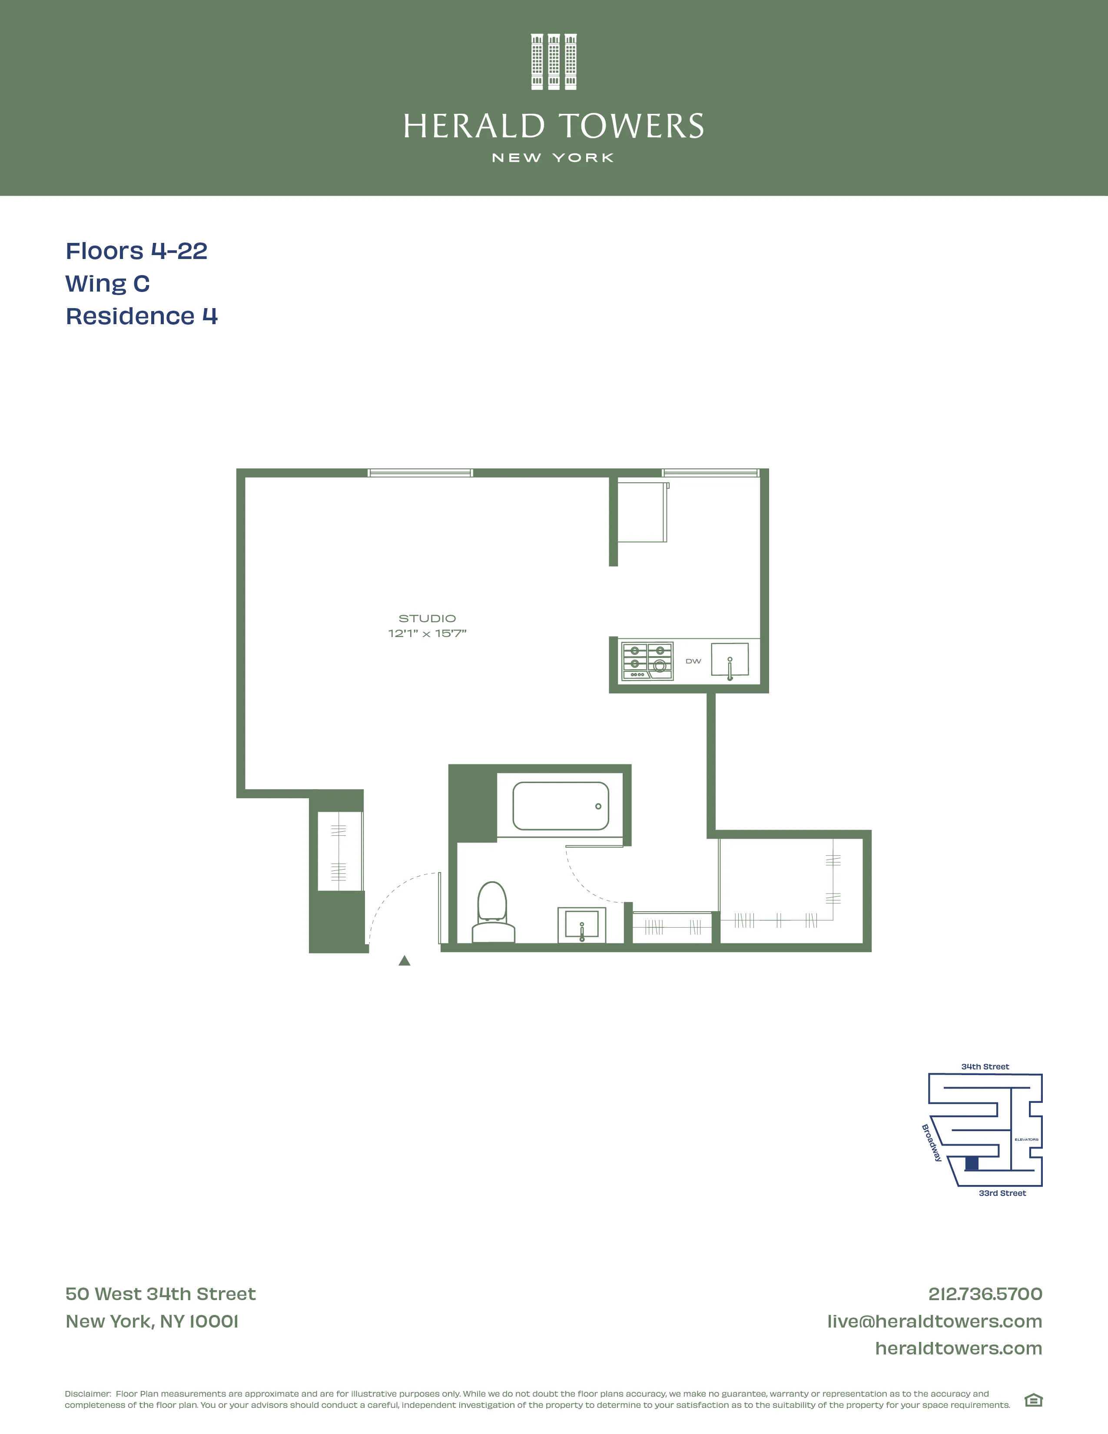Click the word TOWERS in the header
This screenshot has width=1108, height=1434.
(x=631, y=127)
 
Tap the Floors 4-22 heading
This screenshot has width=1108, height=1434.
(x=136, y=251)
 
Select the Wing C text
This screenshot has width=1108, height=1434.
(x=108, y=284)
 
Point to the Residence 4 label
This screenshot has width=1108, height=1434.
(x=142, y=316)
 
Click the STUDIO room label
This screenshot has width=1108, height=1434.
(x=427, y=618)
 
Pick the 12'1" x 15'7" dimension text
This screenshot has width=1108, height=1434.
(x=427, y=634)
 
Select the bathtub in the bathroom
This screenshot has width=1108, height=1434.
(x=561, y=806)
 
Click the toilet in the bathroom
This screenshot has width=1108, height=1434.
(x=493, y=912)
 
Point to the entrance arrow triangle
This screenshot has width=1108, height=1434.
(x=405, y=961)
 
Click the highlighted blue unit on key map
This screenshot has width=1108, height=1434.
(x=972, y=1163)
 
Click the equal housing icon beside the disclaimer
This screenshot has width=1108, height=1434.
(x=1033, y=1401)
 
